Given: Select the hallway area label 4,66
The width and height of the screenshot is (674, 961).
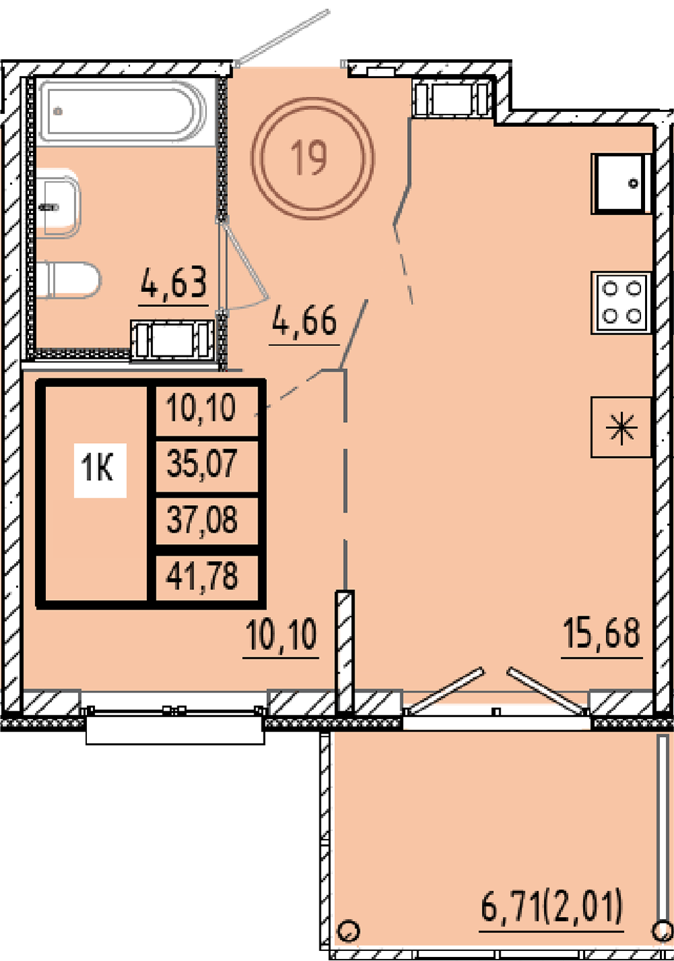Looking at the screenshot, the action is pyautogui.click(x=305, y=320).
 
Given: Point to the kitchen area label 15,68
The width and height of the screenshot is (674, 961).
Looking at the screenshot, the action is pyautogui.click(x=601, y=633).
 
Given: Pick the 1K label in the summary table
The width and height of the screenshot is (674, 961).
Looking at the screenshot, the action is pyautogui.click(x=98, y=469).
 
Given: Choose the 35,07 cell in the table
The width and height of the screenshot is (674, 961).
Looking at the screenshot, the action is pyautogui.click(x=202, y=464).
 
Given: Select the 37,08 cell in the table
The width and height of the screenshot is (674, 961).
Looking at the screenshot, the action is pyautogui.click(x=202, y=520).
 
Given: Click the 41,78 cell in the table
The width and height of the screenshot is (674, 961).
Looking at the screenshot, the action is pyautogui.click(x=202, y=577).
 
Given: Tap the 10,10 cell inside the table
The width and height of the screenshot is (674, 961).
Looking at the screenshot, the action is pyautogui.click(x=202, y=408).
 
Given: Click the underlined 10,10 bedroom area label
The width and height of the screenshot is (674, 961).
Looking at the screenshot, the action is pyautogui.click(x=281, y=635).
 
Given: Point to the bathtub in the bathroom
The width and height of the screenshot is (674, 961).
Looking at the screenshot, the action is pyautogui.click(x=123, y=111).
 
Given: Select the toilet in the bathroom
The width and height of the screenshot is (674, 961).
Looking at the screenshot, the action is pyautogui.click(x=69, y=280).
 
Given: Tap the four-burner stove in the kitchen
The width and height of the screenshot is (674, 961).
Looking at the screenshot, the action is pyautogui.click(x=621, y=302).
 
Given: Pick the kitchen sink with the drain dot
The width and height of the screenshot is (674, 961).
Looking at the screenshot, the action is pyautogui.click(x=621, y=183).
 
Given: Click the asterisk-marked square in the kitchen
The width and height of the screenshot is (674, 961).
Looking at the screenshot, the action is pyautogui.click(x=621, y=428).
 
